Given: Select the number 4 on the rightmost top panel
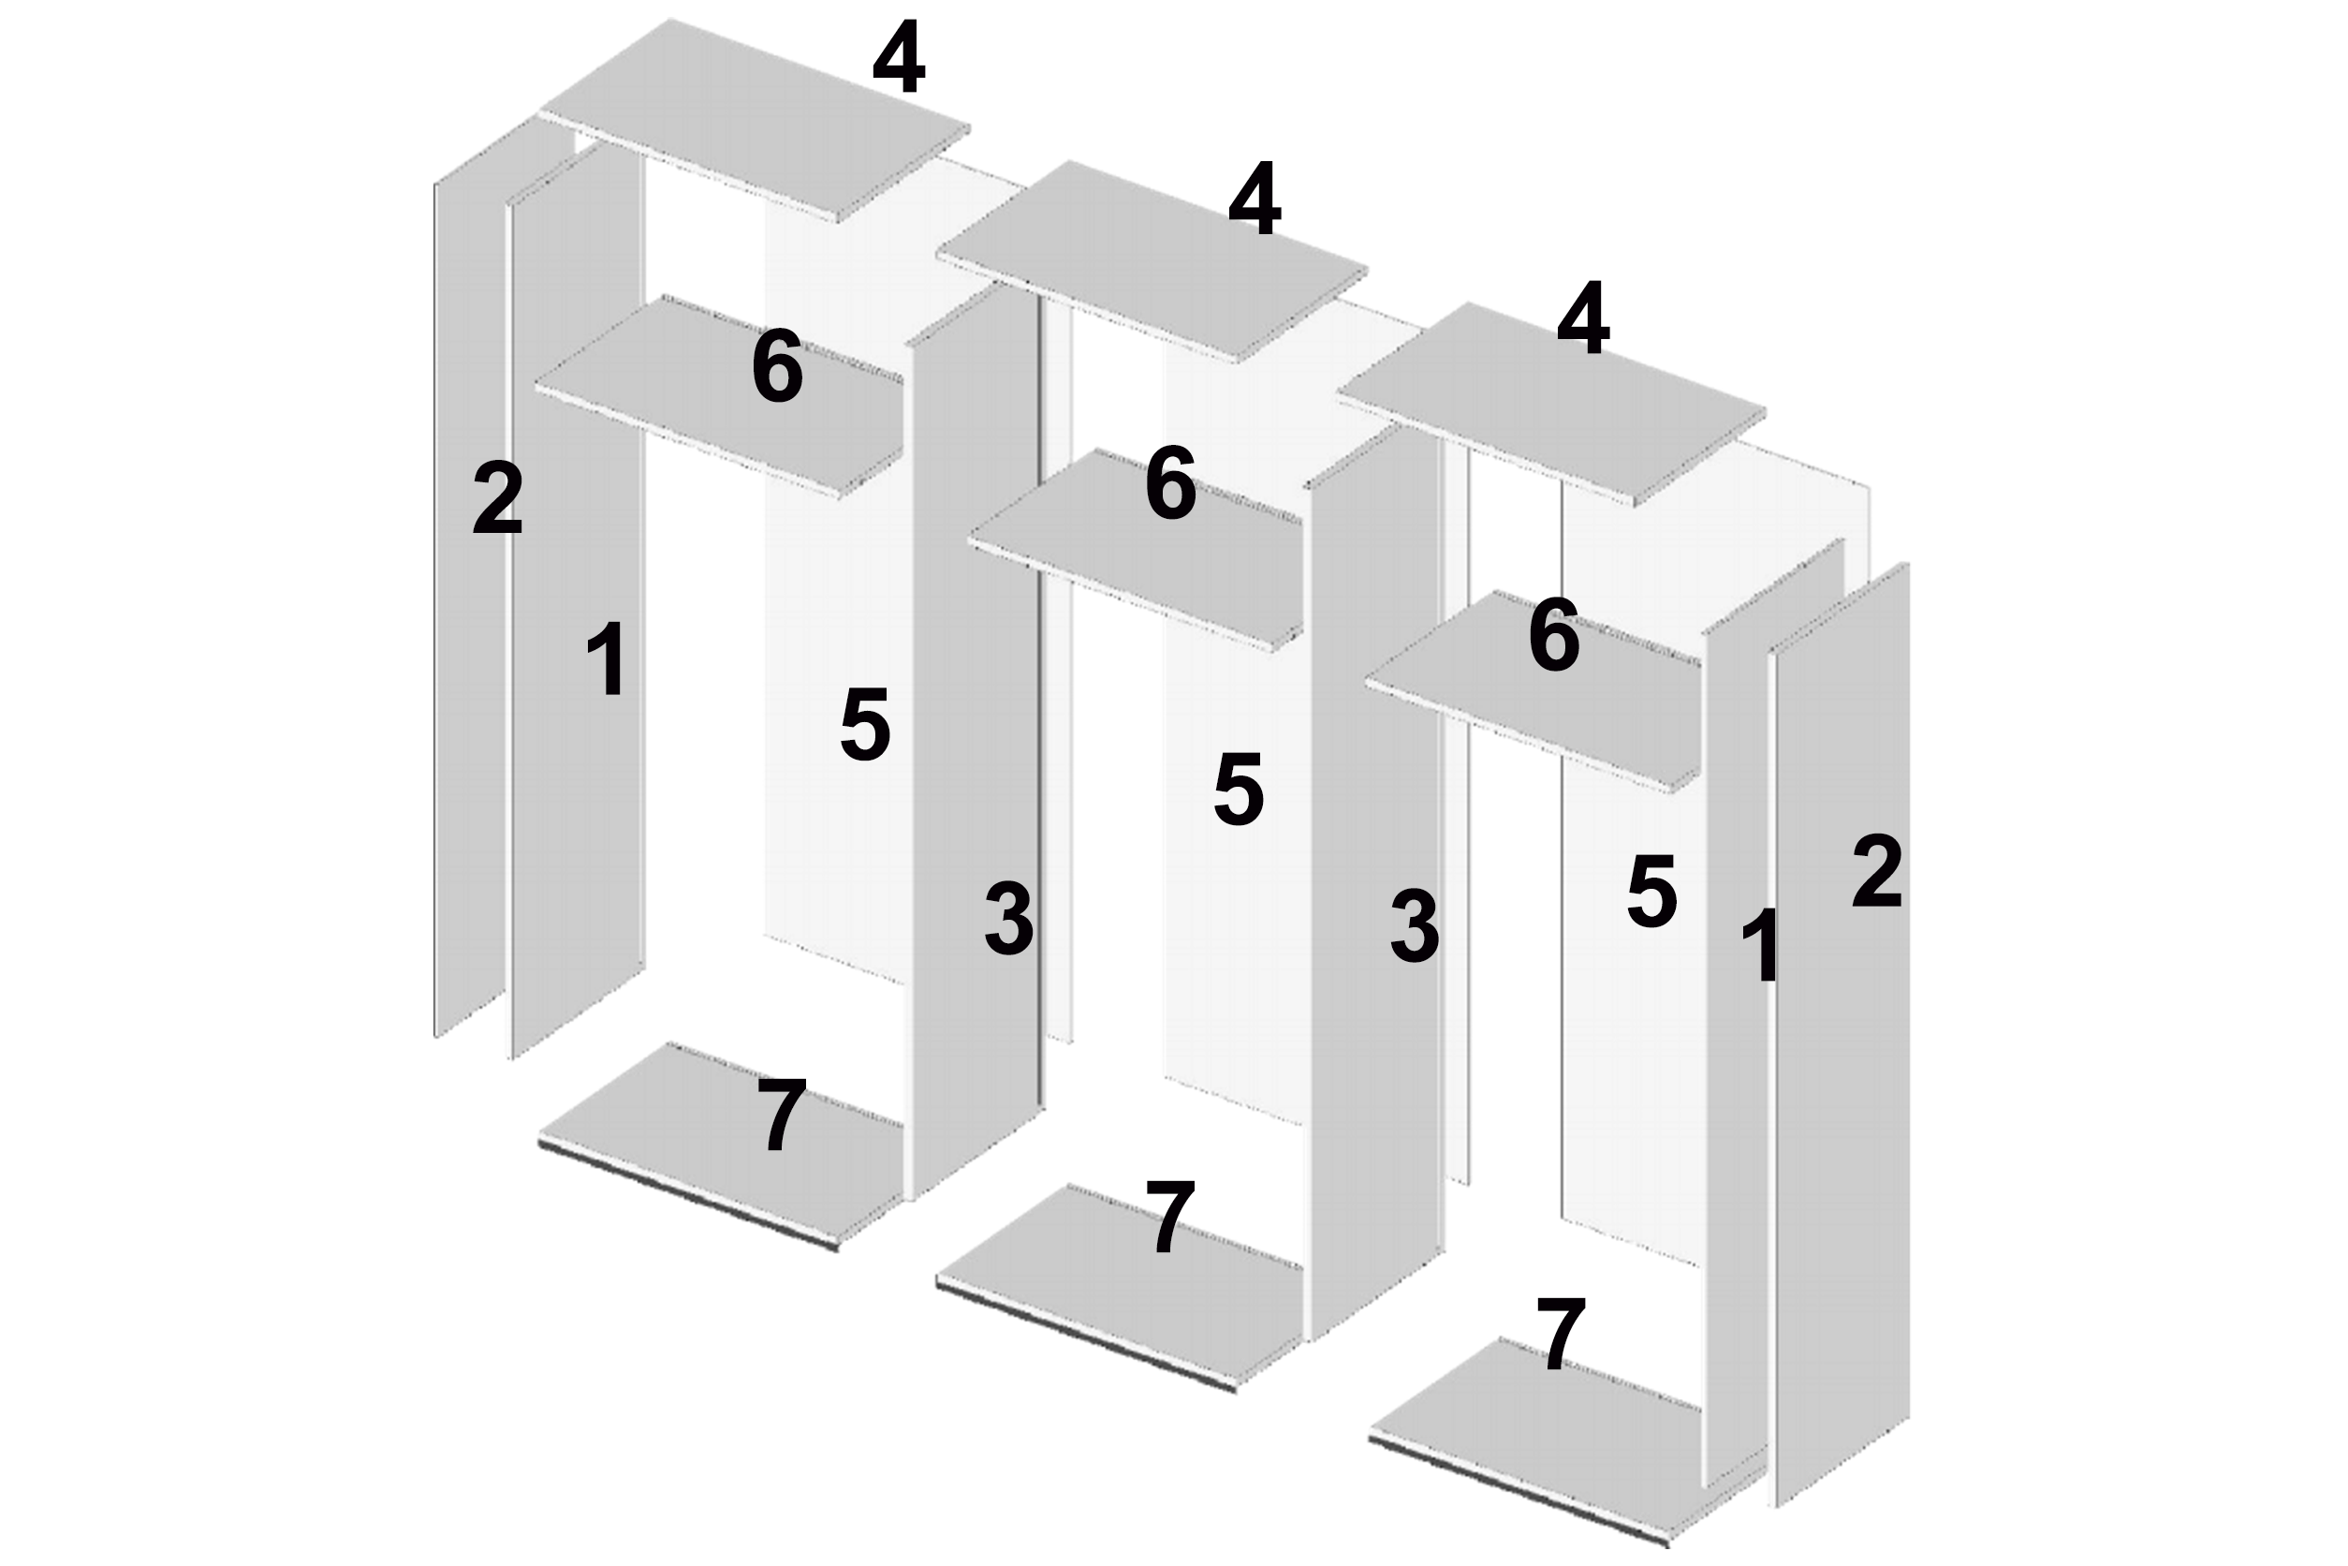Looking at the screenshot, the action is (1583, 319).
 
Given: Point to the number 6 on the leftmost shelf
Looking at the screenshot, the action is (778, 368).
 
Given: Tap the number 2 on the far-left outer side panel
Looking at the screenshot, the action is (497, 498).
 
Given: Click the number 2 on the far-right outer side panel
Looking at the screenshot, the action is (1877, 873).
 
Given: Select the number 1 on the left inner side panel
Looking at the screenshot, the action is (608, 659).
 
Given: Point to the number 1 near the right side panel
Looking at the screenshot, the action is (1761, 947).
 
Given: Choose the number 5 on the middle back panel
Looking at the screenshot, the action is (1239, 789).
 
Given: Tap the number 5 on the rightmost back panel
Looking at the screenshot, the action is (1652, 891).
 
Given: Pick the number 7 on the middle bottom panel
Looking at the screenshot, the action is (1170, 1219).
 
